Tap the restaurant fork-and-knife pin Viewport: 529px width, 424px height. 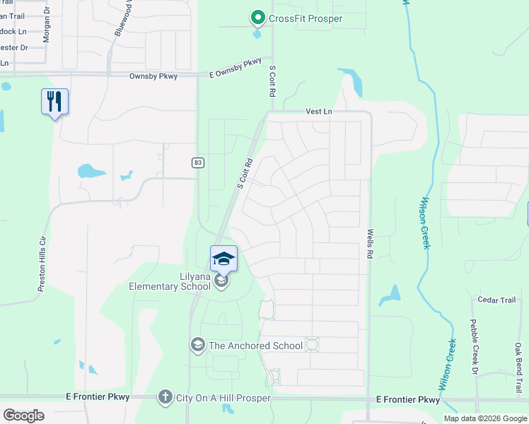[54, 102]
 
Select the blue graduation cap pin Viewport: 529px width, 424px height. [223, 259]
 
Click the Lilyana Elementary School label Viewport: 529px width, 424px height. [169, 281]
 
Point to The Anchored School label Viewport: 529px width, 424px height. [255, 346]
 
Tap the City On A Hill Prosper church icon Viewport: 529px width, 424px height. [165, 397]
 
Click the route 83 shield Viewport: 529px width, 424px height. [197, 163]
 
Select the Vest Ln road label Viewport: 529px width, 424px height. [318, 112]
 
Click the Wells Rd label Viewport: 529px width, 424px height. [369, 242]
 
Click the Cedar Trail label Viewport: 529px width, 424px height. [496, 300]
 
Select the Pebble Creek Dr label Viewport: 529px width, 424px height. [474, 346]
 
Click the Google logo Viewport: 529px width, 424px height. [23, 415]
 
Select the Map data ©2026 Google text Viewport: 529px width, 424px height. [485, 418]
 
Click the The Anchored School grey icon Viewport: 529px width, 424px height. [197, 345]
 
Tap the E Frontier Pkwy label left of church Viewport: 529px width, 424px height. [97, 397]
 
